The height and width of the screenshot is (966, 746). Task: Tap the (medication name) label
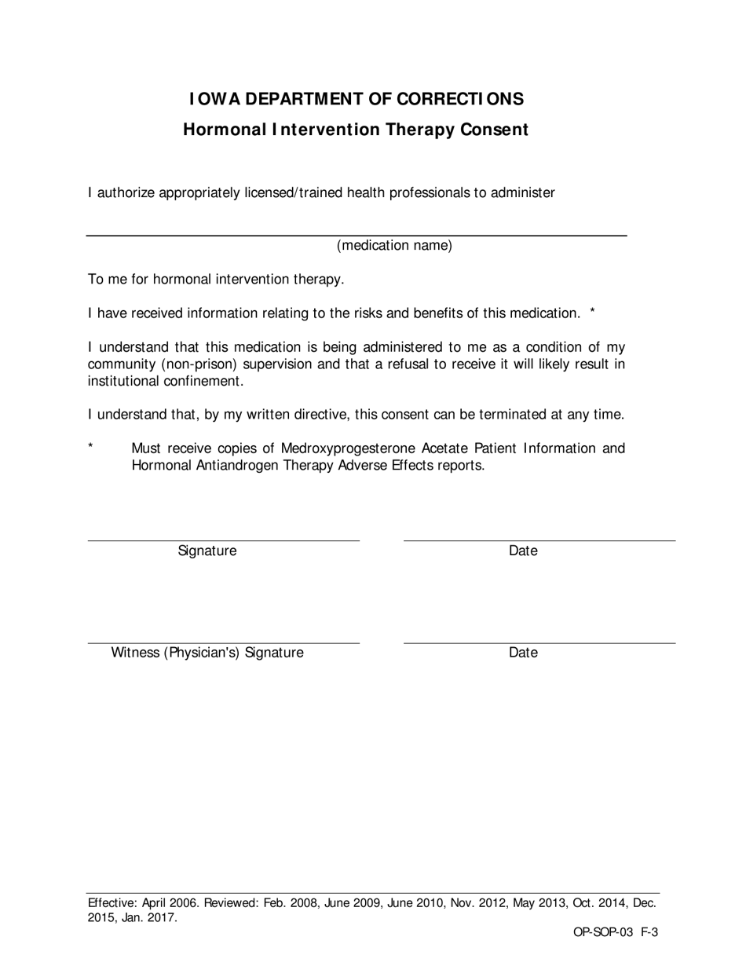point(394,246)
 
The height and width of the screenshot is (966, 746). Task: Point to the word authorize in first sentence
point(126,193)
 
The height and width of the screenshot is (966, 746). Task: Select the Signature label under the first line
point(207,551)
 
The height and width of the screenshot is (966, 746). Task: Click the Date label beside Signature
point(523,551)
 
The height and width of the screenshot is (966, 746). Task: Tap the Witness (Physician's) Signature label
point(207,653)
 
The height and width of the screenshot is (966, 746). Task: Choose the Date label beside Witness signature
point(523,653)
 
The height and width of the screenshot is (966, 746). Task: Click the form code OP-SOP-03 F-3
point(615,933)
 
